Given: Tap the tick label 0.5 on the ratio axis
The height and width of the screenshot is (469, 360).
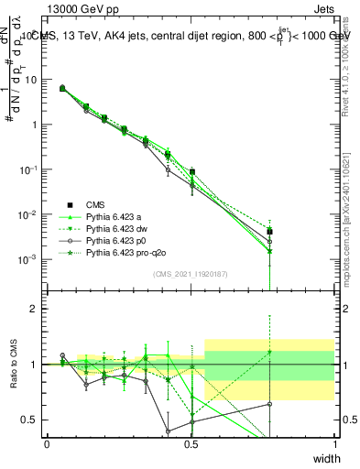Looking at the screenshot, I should pyautogui.click(x=29, y=420).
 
